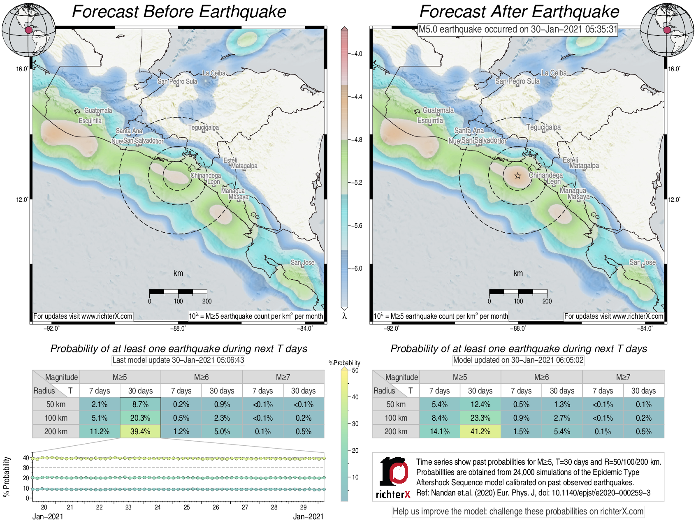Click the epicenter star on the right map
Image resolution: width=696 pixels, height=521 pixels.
point(517,176)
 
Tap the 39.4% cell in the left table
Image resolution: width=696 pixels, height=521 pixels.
point(140,431)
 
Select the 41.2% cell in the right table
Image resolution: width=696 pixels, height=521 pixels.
point(480,431)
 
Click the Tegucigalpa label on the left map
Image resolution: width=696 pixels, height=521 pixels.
point(203,127)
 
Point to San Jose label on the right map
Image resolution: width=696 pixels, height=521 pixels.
point(642,262)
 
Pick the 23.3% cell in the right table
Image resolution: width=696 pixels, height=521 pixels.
point(480,418)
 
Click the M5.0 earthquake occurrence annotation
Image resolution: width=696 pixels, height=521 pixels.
point(518,30)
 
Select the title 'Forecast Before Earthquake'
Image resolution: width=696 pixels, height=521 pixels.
point(179,12)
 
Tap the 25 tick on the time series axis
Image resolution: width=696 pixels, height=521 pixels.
point(187,507)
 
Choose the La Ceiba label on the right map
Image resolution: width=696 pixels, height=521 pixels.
point(554,73)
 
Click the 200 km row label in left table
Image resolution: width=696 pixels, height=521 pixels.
point(56,431)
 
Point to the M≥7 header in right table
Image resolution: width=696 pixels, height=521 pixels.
point(623,377)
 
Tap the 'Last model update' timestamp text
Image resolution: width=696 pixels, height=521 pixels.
point(178,360)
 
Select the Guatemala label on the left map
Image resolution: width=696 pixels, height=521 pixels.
point(98,111)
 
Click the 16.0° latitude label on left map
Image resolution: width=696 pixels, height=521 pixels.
point(23,69)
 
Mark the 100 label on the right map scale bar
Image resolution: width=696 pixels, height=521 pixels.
point(518,301)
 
